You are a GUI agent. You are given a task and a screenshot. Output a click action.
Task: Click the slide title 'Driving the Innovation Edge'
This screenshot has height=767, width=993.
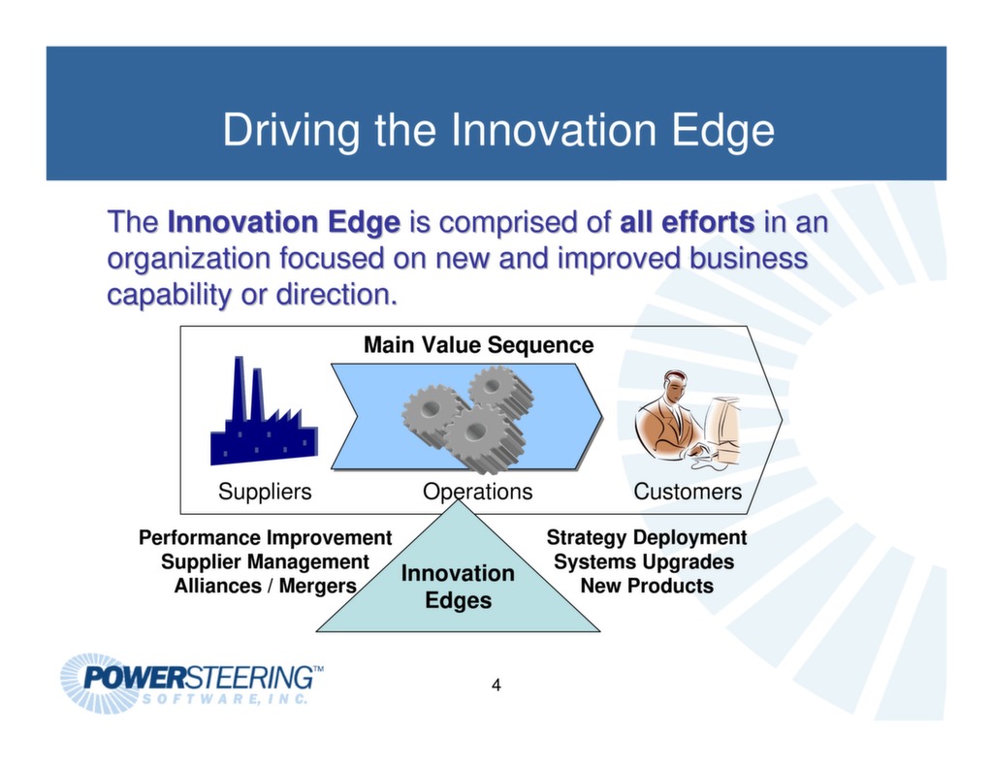[497, 131]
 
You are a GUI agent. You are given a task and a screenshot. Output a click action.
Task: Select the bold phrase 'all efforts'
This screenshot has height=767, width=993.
[687, 223]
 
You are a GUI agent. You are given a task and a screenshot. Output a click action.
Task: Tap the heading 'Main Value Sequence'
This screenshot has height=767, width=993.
[478, 345]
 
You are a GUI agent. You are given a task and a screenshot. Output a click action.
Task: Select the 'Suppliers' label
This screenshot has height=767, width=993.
[265, 492]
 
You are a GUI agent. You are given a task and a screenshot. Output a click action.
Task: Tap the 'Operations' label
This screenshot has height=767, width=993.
[477, 492]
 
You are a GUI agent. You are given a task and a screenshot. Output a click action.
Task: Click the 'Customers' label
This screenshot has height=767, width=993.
[688, 492]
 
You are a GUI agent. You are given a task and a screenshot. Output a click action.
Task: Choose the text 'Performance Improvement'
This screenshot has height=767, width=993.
[265, 537]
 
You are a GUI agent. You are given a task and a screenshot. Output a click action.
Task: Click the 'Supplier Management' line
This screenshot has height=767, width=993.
[265, 561]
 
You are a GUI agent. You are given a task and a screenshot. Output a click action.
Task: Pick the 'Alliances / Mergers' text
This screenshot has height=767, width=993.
[265, 586]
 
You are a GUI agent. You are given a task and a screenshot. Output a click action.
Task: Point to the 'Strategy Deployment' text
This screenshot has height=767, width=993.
[646, 537]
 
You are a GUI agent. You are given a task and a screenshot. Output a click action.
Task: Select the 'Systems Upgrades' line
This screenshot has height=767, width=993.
[644, 561]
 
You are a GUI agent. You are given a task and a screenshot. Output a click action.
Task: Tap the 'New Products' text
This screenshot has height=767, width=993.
[646, 586]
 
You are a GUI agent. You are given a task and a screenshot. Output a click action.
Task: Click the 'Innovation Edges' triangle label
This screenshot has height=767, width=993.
[458, 587]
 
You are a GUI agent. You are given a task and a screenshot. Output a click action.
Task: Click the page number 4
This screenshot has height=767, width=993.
[496, 687]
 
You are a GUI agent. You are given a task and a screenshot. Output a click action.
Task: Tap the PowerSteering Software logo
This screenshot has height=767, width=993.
[192, 683]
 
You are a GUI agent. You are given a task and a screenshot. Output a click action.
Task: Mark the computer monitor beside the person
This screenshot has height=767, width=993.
[722, 427]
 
